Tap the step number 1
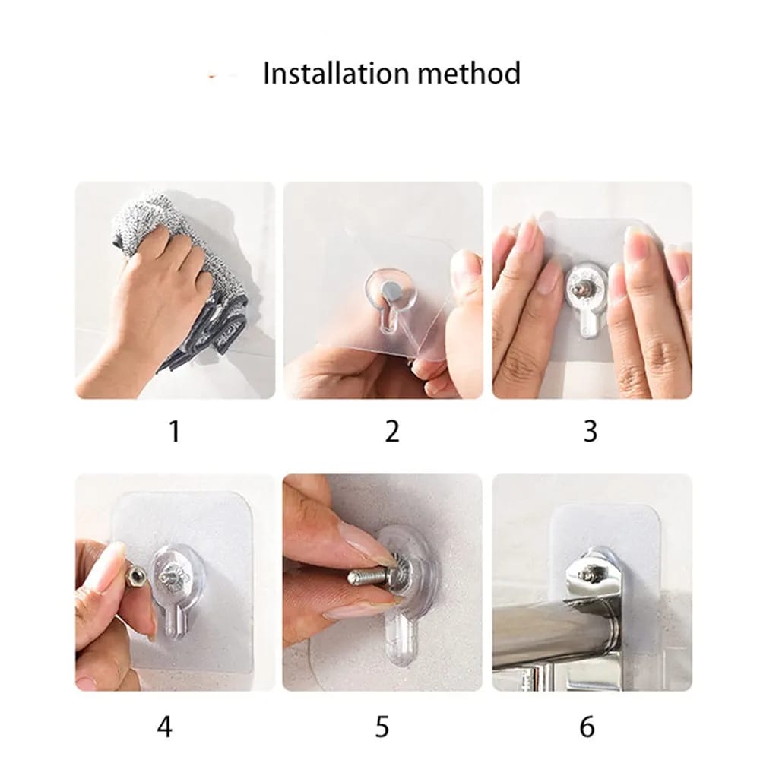point(175,431)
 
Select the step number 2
point(391,431)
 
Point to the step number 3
point(590,431)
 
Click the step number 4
point(164,727)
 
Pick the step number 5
point(382,727)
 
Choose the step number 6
point(587,727)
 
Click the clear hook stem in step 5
point(401,640)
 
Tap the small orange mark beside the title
point(212,77)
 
